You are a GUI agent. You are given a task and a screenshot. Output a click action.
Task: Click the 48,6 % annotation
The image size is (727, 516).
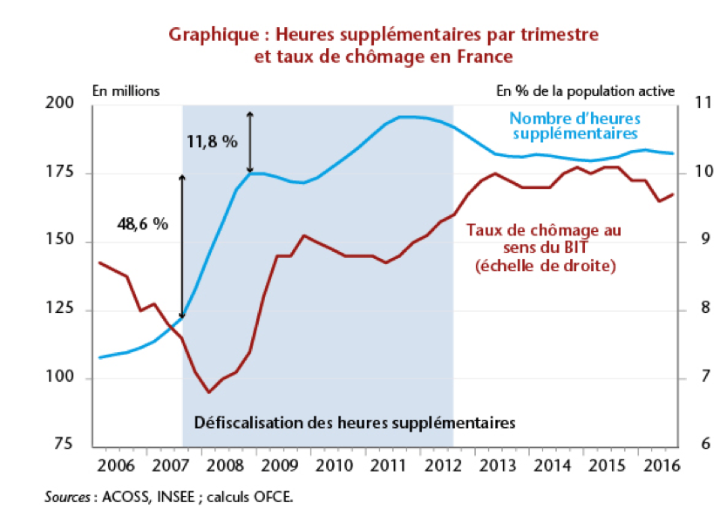(142, 224)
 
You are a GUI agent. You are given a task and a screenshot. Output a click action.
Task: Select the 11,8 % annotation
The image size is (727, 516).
(212, 141)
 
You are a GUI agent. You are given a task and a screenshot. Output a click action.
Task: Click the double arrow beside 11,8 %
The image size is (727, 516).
(250, 142)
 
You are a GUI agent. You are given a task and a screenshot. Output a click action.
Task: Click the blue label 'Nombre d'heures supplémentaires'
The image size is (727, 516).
(574, 126)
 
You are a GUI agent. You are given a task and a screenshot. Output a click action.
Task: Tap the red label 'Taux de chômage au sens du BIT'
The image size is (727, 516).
(545, 248)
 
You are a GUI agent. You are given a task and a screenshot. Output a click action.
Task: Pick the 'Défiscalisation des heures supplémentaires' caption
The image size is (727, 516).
(355, 423)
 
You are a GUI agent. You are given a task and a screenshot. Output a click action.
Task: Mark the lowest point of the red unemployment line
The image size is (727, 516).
(208, 392)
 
